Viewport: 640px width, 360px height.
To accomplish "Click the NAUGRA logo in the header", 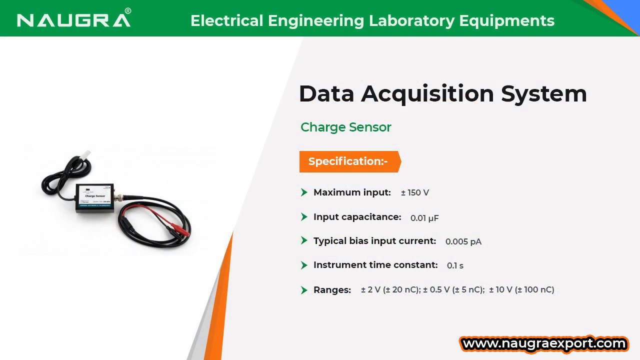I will pos(74,20).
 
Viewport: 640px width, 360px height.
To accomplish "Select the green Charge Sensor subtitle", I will pos(345,127).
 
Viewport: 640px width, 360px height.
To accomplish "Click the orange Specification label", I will pos(348,161).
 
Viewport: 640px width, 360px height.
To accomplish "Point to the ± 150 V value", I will pos(414,192).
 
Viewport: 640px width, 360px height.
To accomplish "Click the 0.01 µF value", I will pos(424,217).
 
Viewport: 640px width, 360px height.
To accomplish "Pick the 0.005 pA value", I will pos(463,241).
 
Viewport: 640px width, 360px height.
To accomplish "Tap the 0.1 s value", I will pos(455,265).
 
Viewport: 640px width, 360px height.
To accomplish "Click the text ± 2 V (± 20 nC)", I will pos(390,289).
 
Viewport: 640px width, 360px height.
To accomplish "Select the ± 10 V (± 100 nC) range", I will pos(521,289).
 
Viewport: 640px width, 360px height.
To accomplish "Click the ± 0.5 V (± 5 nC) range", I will pos(453,289).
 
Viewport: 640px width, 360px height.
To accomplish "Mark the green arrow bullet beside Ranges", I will pos(304,290).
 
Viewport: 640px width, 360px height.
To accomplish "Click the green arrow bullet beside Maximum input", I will pos(304,192).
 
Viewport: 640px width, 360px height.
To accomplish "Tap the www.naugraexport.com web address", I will pos(544,343).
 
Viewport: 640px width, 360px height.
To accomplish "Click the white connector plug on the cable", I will pos(87,154).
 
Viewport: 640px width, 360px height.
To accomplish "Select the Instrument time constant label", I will pos(375,265).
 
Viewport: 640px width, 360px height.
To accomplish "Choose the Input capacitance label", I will pos(357,217).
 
